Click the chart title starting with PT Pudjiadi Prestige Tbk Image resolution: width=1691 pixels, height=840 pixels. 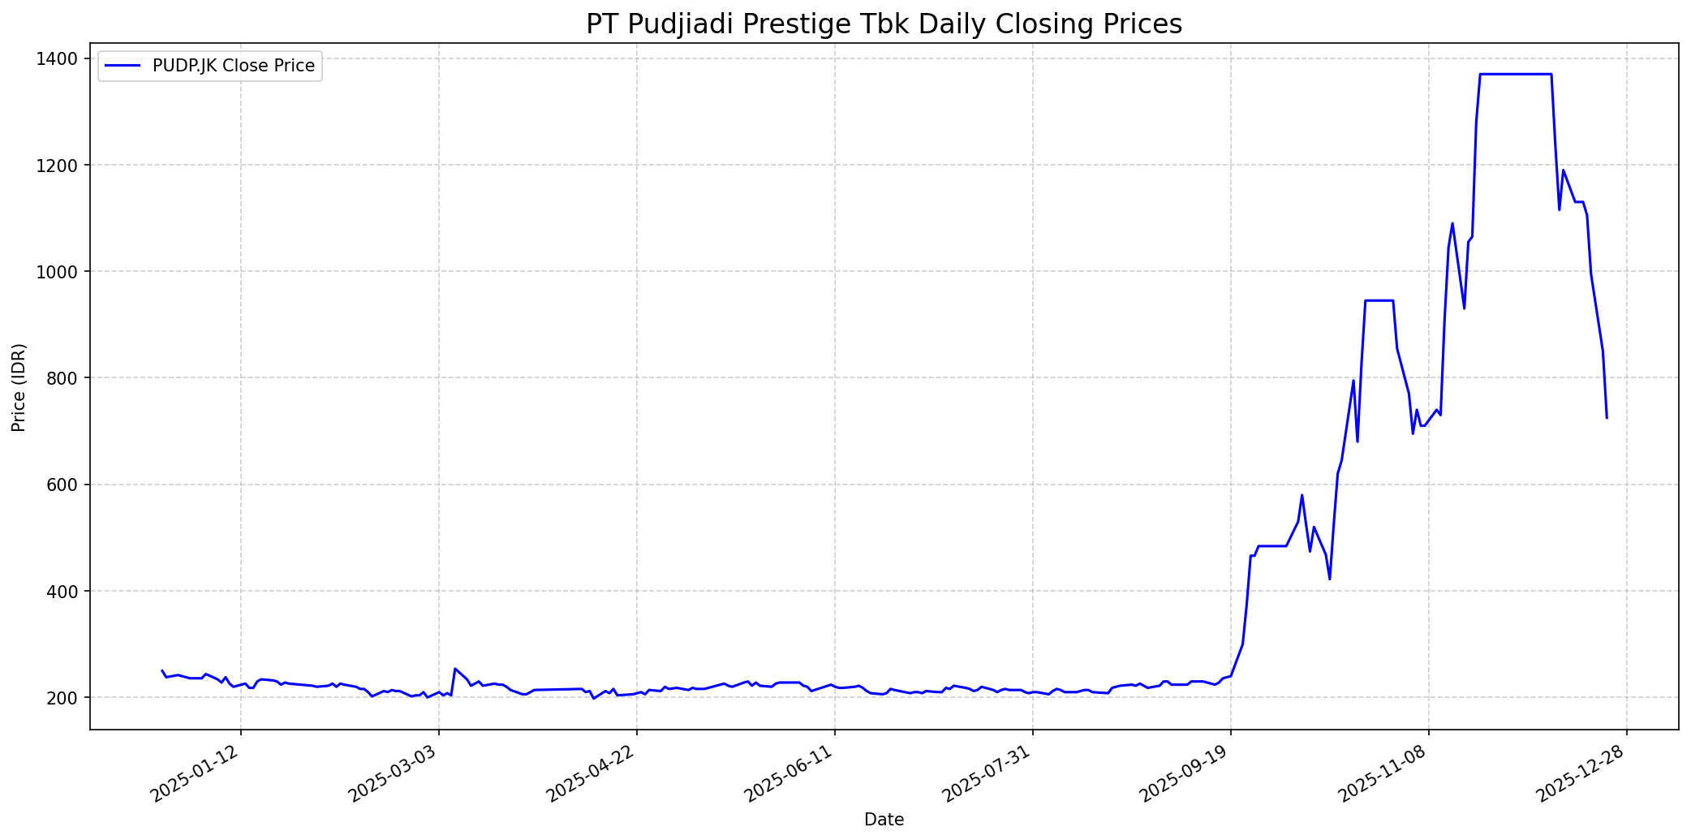(884, 24)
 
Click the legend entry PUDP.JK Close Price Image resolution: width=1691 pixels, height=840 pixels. (233, 66)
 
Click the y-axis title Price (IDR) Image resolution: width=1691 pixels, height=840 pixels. (19, 387)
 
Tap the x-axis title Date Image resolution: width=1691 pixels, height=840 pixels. (884, 820)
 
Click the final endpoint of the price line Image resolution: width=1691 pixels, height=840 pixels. (1607, 418)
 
